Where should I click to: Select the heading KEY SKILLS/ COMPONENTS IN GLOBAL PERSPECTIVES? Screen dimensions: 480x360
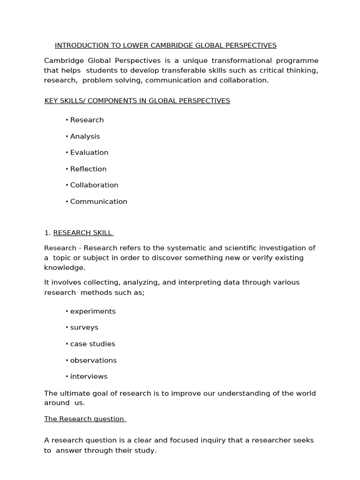137,101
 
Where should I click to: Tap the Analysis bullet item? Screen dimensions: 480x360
85,136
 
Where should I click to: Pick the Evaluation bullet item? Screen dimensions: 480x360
89,152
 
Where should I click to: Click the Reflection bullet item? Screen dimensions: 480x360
88,169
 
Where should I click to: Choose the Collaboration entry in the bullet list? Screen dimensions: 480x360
94,185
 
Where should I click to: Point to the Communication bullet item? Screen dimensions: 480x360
98,202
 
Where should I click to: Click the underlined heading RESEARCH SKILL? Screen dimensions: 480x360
82,233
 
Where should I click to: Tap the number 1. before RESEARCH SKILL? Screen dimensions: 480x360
47,233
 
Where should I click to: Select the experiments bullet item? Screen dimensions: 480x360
93,311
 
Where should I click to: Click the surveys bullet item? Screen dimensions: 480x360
84,327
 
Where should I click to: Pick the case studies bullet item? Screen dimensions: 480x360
92,344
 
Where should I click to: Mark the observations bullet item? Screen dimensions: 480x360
93,360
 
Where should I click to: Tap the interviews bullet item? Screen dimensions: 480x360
89,376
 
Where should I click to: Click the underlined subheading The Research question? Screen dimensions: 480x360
84,419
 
